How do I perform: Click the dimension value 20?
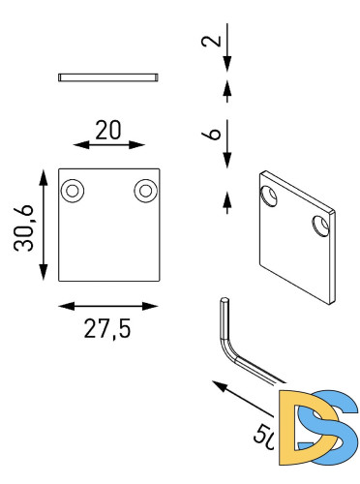(107, 131)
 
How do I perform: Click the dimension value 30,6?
(25, 225)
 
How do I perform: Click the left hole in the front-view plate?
(72, 191)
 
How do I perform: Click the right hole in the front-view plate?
(144, 191)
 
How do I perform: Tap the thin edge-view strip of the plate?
(107, 76)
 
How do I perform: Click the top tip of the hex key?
(225, 302)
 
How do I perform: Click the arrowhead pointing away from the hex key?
(218, 386)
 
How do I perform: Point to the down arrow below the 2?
(226, 64)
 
